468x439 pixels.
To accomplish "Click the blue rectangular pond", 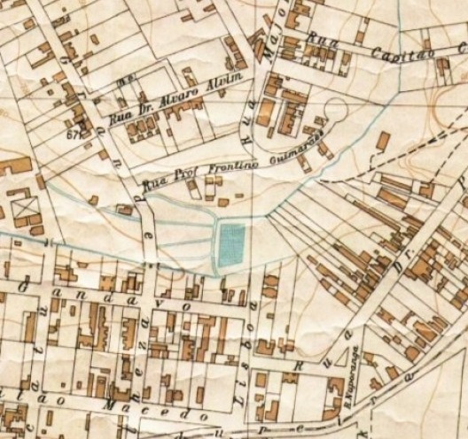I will (232, 244).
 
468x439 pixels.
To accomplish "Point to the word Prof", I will (179, 181).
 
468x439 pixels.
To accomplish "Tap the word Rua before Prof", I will (154, 186).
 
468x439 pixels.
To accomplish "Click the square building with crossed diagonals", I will (23, 210).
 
